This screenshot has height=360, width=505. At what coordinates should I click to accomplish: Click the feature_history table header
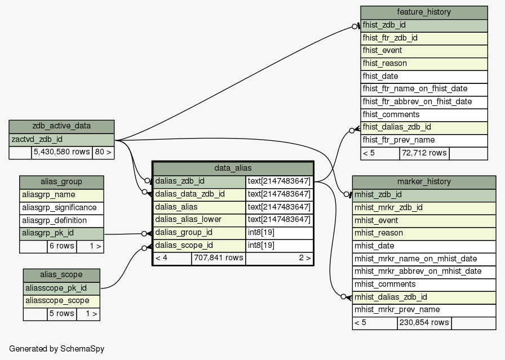[424, 12]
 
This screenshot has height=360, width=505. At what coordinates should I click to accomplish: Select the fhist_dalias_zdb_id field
[397, 127]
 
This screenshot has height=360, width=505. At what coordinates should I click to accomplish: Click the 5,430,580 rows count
[61, 152]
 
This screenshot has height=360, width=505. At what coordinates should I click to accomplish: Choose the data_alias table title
[233, 168]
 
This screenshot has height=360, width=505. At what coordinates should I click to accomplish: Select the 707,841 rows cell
[218, 259]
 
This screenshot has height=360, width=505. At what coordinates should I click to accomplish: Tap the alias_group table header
[61, 182]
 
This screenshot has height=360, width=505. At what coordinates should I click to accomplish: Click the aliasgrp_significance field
[59, 208]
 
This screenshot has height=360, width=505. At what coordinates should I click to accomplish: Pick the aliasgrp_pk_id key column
[48, 233]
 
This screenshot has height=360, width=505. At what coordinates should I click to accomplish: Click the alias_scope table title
[61, 275]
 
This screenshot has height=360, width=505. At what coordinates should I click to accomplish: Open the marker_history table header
[424, 182]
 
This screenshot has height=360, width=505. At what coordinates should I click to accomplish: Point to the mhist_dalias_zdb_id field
[389, 297]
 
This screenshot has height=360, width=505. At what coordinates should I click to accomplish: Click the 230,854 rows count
[423, 323]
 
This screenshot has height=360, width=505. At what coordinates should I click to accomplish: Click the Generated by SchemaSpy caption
[56, 349]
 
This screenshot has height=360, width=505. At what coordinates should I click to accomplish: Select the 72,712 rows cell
[423, 153]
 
